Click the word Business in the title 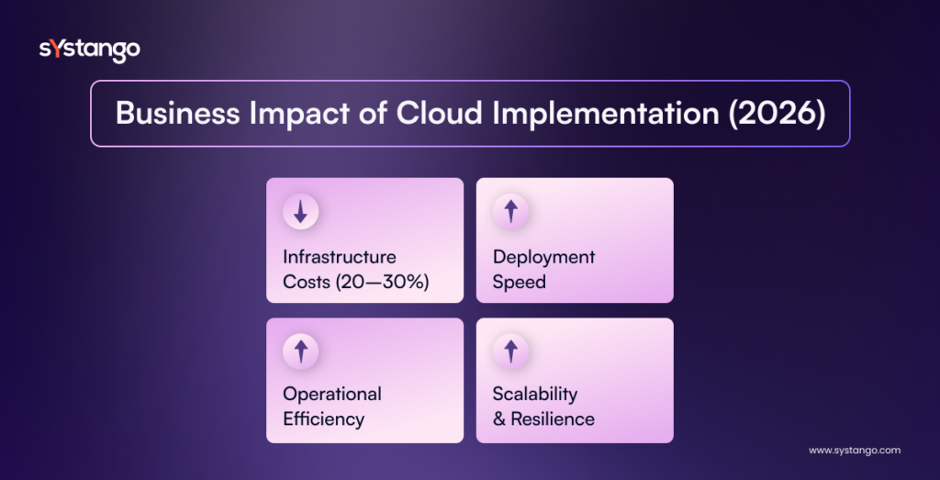point(170,114)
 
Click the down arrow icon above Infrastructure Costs point(300,212)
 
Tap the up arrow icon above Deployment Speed point(510,212)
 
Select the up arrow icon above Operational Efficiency point(300,350)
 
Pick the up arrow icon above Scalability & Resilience point(510,350)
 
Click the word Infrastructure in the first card point(340,257)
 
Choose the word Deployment point(543,257)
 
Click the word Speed point(519,282)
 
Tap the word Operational point(332,394)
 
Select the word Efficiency point(323,419)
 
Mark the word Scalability point(535,394)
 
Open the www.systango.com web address point(854,451)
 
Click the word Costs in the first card point(307,282)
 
